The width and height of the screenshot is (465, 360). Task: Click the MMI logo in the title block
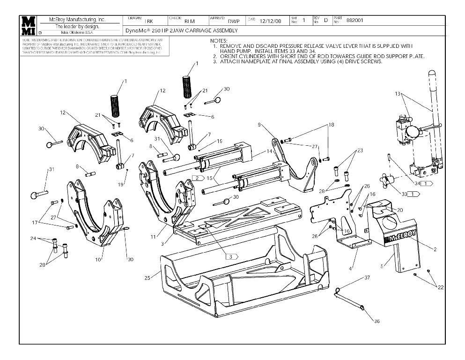click(x=29, y=26)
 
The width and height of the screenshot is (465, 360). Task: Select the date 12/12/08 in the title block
click(x=270, y=21)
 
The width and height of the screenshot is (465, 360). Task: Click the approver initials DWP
click(x=234, y=21)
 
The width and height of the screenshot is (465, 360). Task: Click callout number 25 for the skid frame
click(x=148, y=278)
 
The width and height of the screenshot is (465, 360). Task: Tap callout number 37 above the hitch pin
click(x=367, y=278)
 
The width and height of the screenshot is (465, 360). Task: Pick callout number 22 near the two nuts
click(x=440, y=287)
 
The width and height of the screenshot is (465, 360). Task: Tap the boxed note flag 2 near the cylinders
click(x=197, y=179)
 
